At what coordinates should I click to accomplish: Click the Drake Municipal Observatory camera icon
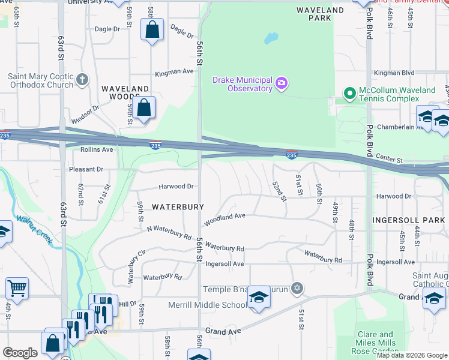[282, 85]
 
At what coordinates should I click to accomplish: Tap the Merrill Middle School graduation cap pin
[259, 298]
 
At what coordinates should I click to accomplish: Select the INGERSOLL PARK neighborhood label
[408, 220]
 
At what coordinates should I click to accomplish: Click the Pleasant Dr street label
[86, 170]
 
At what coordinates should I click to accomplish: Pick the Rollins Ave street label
[97, 149]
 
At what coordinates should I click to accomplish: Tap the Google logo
[20, 353]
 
